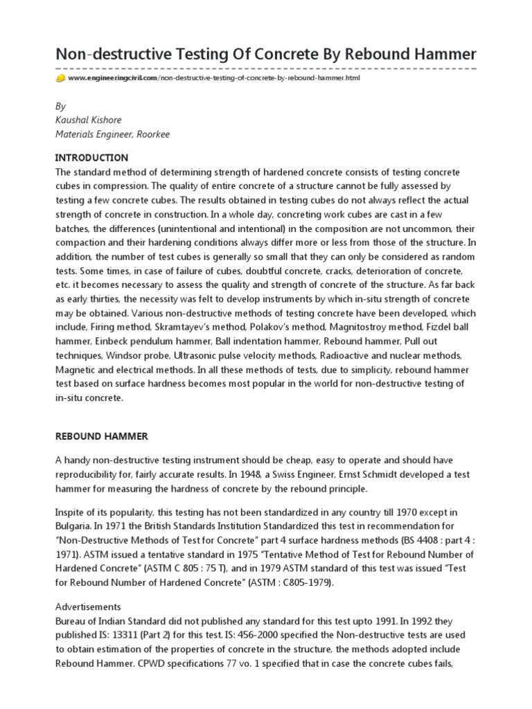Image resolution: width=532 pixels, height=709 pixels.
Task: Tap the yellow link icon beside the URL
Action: (60, 79)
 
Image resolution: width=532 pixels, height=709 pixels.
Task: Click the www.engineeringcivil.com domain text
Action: (113, 79)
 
